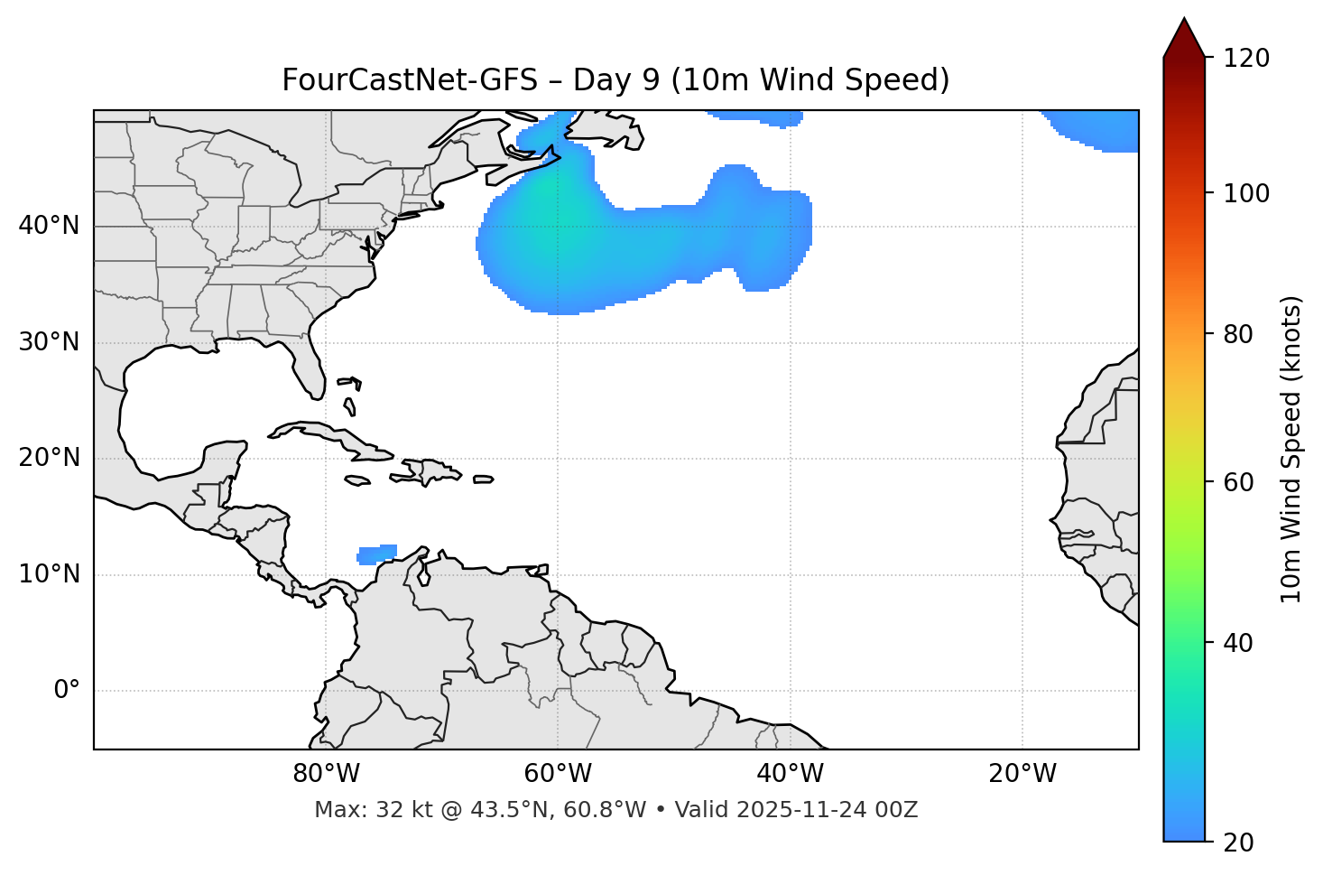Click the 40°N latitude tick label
click(x=49, y=226)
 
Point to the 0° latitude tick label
click(x=67, y=691)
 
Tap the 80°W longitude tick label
click(x=326, y=774)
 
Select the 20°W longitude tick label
click(x=1022, y=774)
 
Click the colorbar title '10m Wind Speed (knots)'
click(x=1291, y=449)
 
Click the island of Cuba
click(x=329, y=434)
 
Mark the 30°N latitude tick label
click(x=49, y=342)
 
